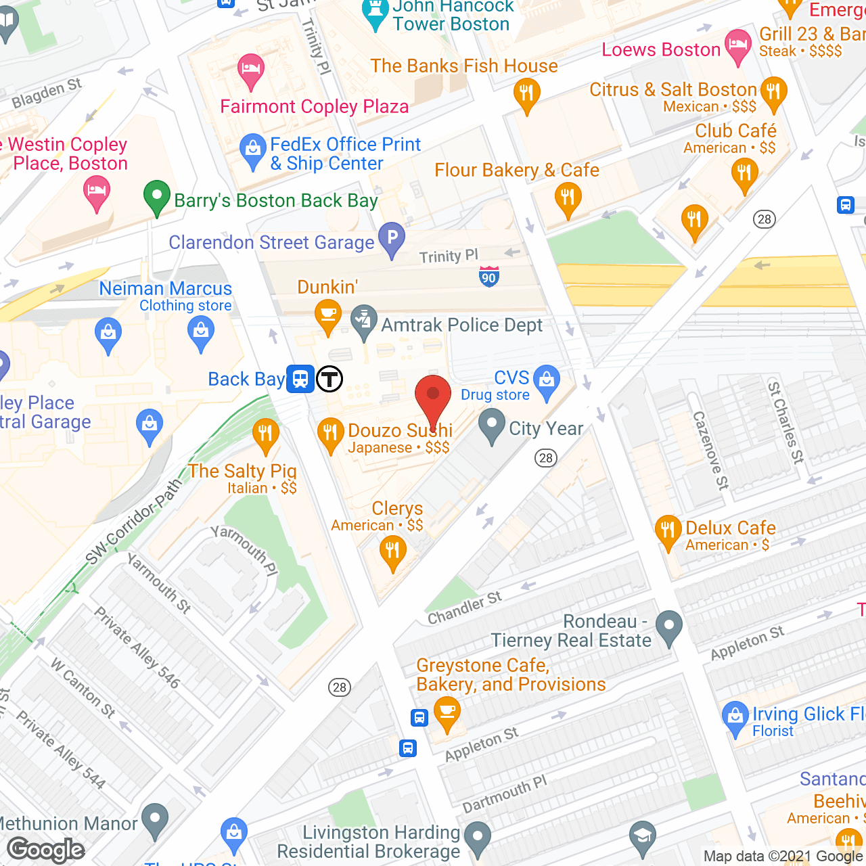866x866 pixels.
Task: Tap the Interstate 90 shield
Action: click(x=489, y=276)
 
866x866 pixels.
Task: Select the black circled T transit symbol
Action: click(x=329, y=379)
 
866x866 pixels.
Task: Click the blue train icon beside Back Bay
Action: click(x=300, y=379)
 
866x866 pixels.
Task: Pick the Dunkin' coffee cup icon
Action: click(x=328, y=316)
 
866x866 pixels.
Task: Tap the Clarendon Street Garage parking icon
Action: click(x=392, y=238)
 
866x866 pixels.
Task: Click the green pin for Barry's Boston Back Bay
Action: click(x=156, y=198)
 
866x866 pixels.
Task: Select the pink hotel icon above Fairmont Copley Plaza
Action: click(x=251, y=70)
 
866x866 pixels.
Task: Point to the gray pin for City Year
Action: click(x=492, y=427)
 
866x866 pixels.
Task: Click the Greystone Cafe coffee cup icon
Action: click(x=447, y=712)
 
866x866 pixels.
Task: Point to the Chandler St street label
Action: click(x=465, y=607)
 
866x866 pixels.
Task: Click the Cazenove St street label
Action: click(x=710, y=450)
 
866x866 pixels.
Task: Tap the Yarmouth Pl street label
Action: click(x=244, y=550)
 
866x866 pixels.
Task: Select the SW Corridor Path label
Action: click(x=134, y=522)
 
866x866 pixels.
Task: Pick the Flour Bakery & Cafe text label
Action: click(x=517, y=170)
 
